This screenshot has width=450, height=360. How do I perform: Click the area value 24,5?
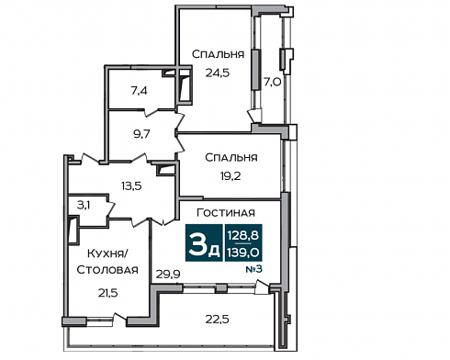coord(218,73)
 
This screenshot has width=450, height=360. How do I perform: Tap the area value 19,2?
coord(231,176)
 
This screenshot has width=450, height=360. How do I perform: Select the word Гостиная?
coord(226,212)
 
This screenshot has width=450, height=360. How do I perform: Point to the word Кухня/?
coord(107,253)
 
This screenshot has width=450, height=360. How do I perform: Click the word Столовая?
coord(107,270)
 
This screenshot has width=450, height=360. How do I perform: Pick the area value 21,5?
coord(107,293)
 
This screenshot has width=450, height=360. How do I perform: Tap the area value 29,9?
coord(168,275)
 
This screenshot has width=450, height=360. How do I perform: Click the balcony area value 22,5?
coord(217,320)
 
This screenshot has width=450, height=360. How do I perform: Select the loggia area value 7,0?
coord(273,82)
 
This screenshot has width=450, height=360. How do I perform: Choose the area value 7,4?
coord(140,91)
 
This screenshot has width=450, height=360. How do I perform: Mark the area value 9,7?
coord(141,134)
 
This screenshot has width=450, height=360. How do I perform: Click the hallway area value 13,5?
coord(131,186)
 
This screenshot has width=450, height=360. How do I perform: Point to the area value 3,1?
coord(84,205)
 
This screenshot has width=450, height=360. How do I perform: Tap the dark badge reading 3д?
coord(204,242)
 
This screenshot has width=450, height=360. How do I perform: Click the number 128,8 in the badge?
coord(243,235)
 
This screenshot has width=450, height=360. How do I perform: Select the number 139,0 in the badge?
coord(243,253)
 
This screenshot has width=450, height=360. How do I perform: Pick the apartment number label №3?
coord(254,269)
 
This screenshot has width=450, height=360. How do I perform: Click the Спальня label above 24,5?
coord(218,54)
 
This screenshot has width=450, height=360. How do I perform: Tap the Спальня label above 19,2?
coord(231,157)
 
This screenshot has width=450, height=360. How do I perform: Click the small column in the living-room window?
coord(221,288)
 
